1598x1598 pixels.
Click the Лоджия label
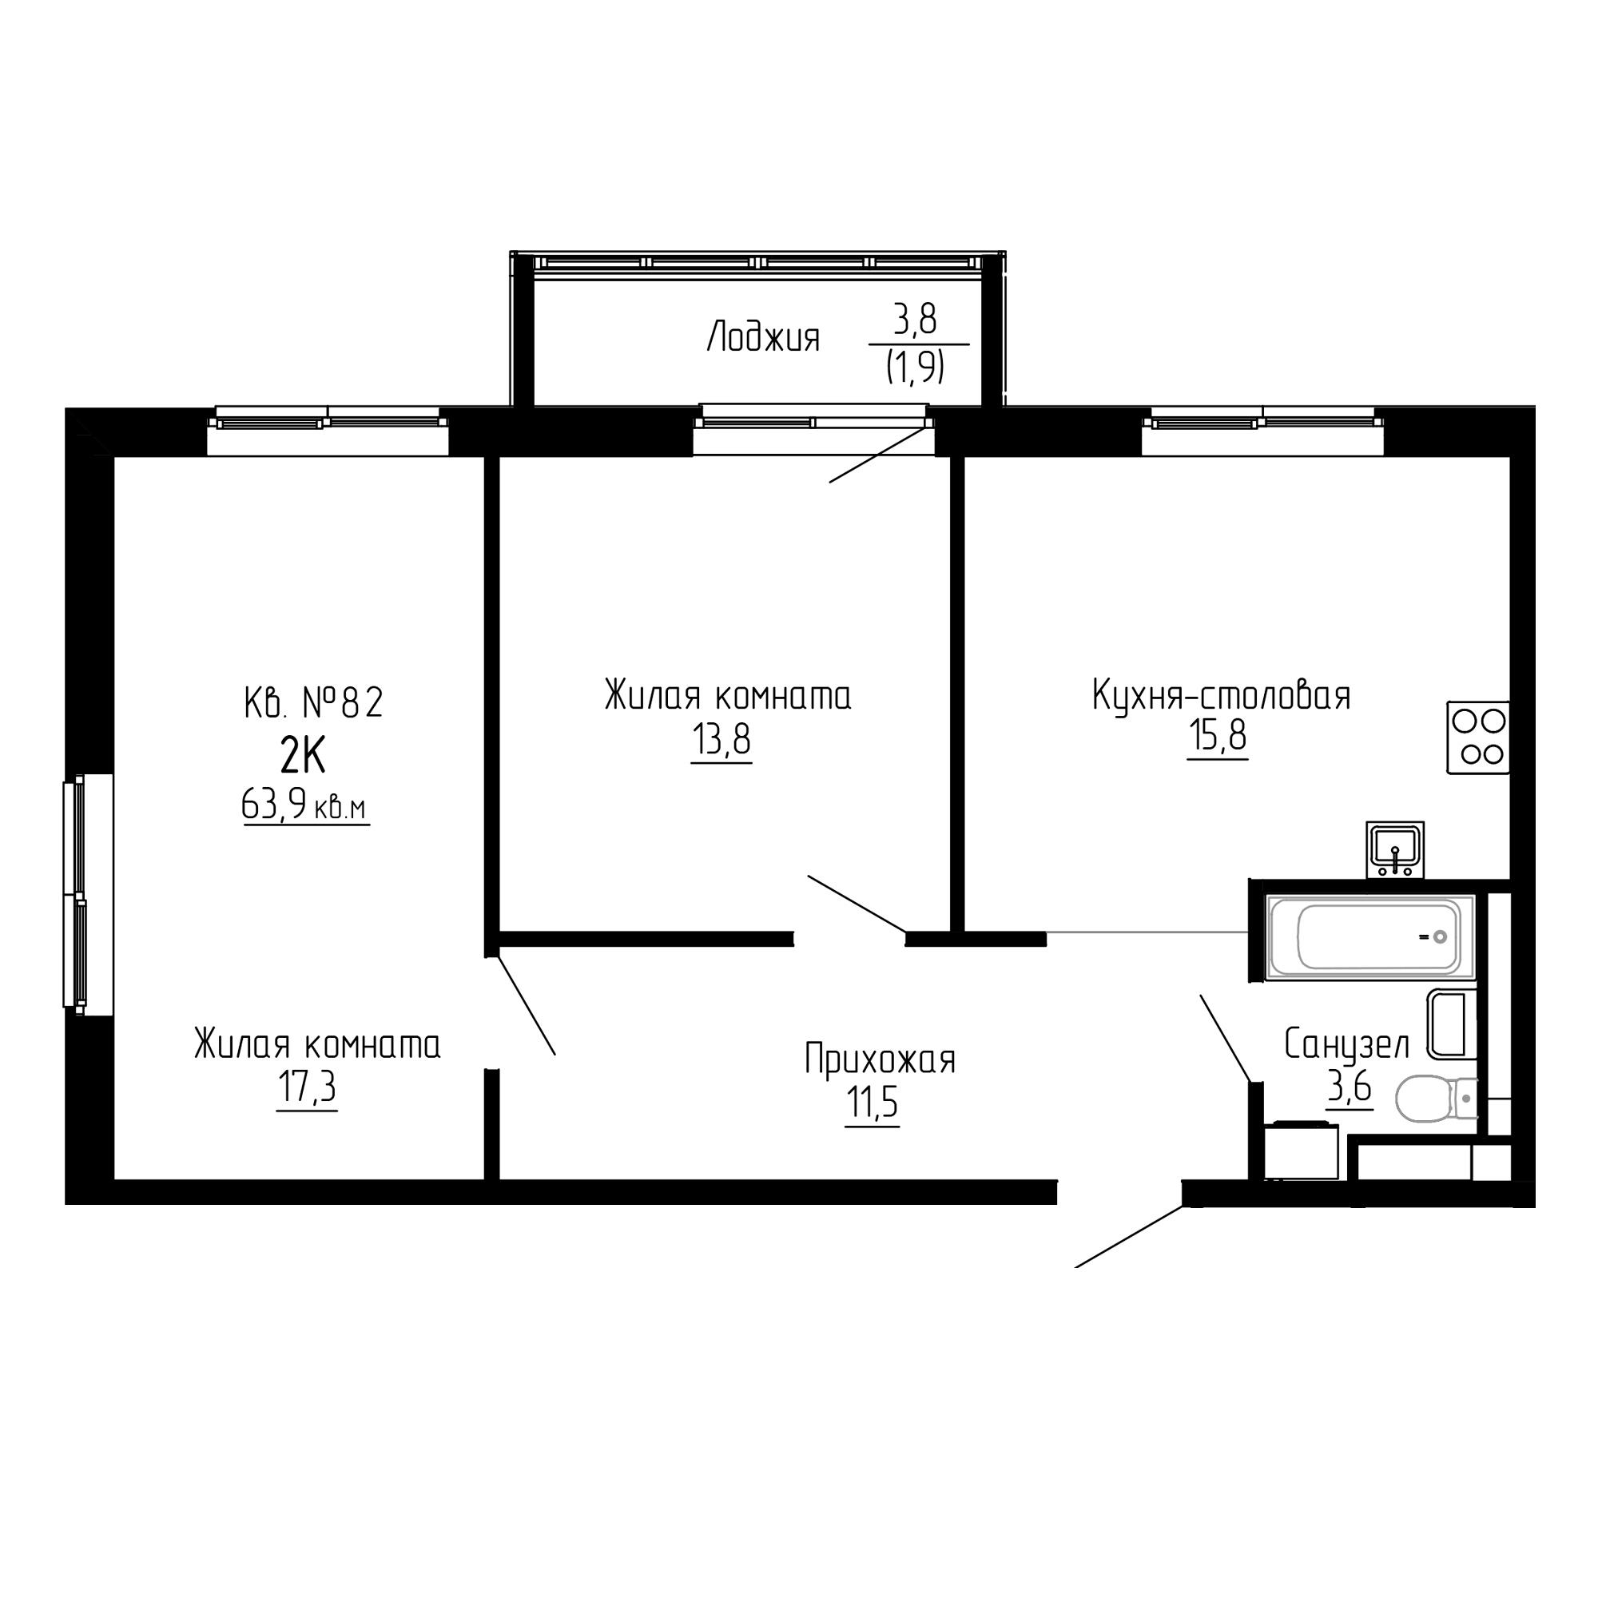763,338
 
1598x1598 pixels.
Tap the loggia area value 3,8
915,320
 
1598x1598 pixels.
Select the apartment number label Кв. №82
314,704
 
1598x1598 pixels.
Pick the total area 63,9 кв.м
305,804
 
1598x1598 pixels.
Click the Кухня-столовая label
1221,696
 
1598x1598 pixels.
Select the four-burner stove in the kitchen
1478,737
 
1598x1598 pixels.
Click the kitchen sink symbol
1394,849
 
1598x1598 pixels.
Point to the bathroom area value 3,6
1350,1088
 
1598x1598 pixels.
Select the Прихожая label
880,1059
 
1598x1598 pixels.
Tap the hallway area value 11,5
872,1103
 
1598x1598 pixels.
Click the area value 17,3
307,1087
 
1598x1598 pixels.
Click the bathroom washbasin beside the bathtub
1452,1025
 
